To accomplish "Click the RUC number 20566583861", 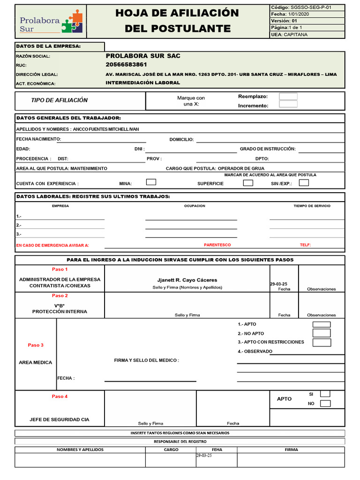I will [126, 65].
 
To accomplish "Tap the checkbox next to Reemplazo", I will [288, 96].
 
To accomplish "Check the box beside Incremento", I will [288, 104].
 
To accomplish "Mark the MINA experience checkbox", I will [151, 182].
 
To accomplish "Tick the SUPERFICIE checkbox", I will [248, 183].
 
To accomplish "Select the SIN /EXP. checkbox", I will [304, 183].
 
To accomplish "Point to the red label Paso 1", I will [60, 270].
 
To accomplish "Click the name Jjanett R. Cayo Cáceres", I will [187, 280].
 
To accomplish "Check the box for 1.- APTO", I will [322, 324].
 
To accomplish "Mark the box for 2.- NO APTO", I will [322, 333].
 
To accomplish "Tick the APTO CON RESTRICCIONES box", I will [322, 342].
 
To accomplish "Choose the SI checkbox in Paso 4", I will [325, 394].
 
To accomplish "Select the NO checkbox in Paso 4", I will [325, 404].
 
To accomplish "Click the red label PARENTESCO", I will [217, 245].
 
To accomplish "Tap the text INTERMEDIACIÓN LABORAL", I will [142, 83].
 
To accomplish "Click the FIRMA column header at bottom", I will [291, 450].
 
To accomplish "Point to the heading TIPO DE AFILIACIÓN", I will [59, 100].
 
